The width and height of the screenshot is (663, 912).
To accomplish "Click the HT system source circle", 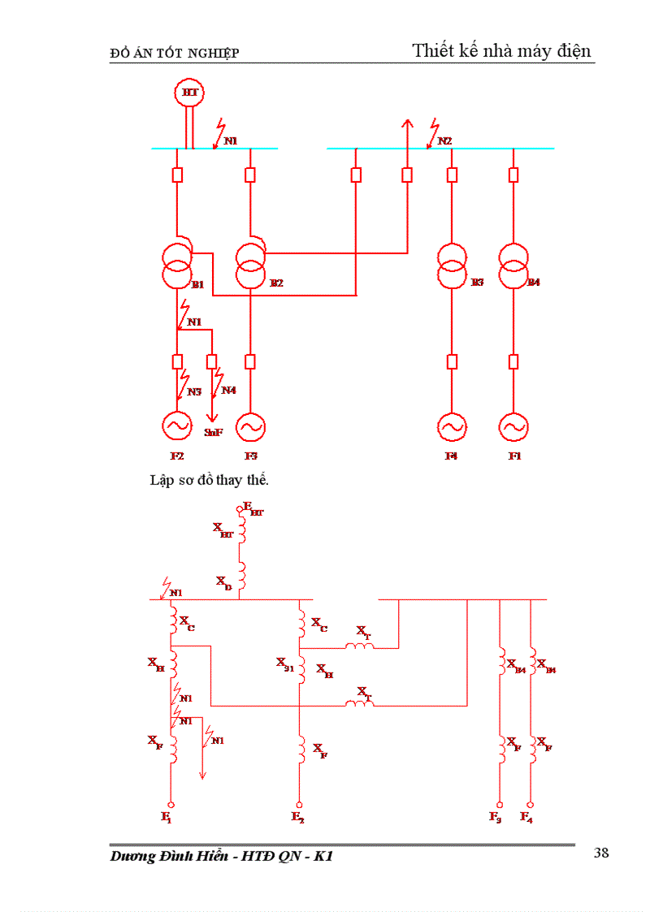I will [x=190, y=93].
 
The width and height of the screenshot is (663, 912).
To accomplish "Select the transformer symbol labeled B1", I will [x=177, y=266].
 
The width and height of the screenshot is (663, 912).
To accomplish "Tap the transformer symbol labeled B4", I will [x=513, y=266].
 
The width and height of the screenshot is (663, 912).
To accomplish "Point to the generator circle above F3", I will [x=251, y=426].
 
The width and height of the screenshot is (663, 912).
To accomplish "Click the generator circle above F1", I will [x=513, y=426].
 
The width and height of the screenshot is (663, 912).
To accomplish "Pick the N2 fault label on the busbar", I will [x=444, y=141].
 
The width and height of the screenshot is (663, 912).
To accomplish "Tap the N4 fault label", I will [x=229, y=391].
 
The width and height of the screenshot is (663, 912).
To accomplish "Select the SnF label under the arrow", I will [x=214, y=433].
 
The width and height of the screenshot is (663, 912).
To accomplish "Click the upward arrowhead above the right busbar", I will [x=407, y=123].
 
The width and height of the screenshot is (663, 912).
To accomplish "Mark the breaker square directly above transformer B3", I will [x=453, y=175].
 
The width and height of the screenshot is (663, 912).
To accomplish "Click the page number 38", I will [x=601, y=852].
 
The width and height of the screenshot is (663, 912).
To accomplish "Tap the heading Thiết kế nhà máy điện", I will [x=502, y=50].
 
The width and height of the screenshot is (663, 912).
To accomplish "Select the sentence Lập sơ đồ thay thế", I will [x=209, y=479].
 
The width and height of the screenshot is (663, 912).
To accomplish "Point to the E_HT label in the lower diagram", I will [x=253, y=509].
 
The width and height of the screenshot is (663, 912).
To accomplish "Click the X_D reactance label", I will [x=223, y=581].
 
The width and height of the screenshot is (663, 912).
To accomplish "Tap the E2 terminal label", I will [x=297, y=817].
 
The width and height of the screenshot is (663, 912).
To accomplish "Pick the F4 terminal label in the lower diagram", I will [x=527, y=817].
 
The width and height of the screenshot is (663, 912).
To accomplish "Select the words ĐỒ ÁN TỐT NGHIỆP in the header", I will [x=175, y=54].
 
